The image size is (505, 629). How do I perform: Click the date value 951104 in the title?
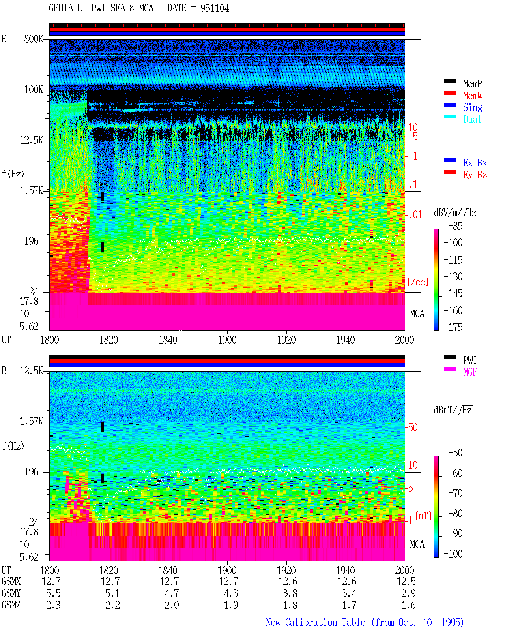click(x=214, y=8)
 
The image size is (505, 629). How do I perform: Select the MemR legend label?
click(x=472, y=84)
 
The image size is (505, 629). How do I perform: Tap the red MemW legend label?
click(x=472, y=96)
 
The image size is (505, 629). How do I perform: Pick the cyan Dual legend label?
click(x=472, y=119)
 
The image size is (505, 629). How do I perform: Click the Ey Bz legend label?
click(x=475, y=175)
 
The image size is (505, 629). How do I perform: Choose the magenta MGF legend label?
click(x=470, y=372)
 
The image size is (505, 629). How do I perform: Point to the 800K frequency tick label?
click(x=34, y=39)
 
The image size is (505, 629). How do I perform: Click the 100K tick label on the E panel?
click(x=34, y=90)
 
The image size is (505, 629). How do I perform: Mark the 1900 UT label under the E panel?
click(x=227, y=340)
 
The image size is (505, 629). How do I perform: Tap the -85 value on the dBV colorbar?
click(x=455, y=226)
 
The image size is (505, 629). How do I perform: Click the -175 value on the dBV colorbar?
click(x=453, y=327)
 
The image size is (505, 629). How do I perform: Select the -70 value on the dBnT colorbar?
click(x=455, y=493)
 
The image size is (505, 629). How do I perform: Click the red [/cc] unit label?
click(x=418, y=282)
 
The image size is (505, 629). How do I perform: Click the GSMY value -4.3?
click(x=229, y=593)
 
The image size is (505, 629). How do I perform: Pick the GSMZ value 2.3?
click(x=53, y=605)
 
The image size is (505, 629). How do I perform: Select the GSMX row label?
click(x=11, y=581)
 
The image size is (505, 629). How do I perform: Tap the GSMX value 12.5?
click(x=406, y=581)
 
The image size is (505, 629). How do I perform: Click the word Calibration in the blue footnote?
click(x=325, y=622)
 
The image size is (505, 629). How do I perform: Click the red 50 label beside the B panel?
click(x=413, y=428)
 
